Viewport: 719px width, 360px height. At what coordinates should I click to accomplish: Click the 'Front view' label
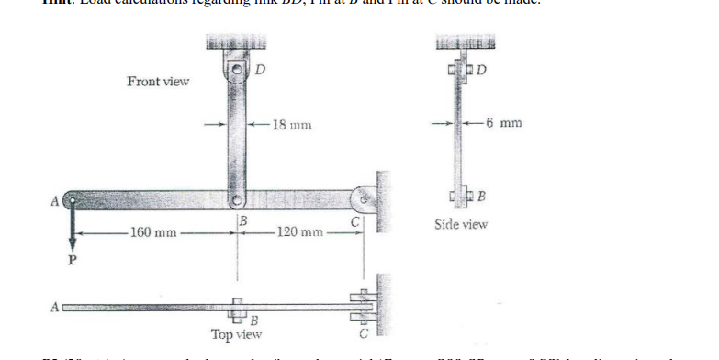click(158, 82)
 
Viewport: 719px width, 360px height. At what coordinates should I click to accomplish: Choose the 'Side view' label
click(461, 223)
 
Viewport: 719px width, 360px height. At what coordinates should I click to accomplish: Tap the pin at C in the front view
click(364, 196)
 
